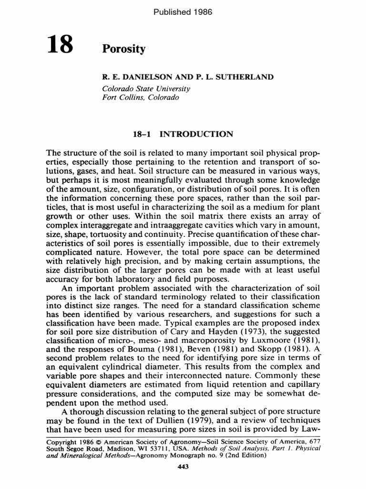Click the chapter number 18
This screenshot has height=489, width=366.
point(60,47)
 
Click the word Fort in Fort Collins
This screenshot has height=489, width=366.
point(111,97)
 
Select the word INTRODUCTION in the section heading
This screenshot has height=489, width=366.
point(203,134)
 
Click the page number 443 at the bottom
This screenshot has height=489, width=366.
point(183,467)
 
